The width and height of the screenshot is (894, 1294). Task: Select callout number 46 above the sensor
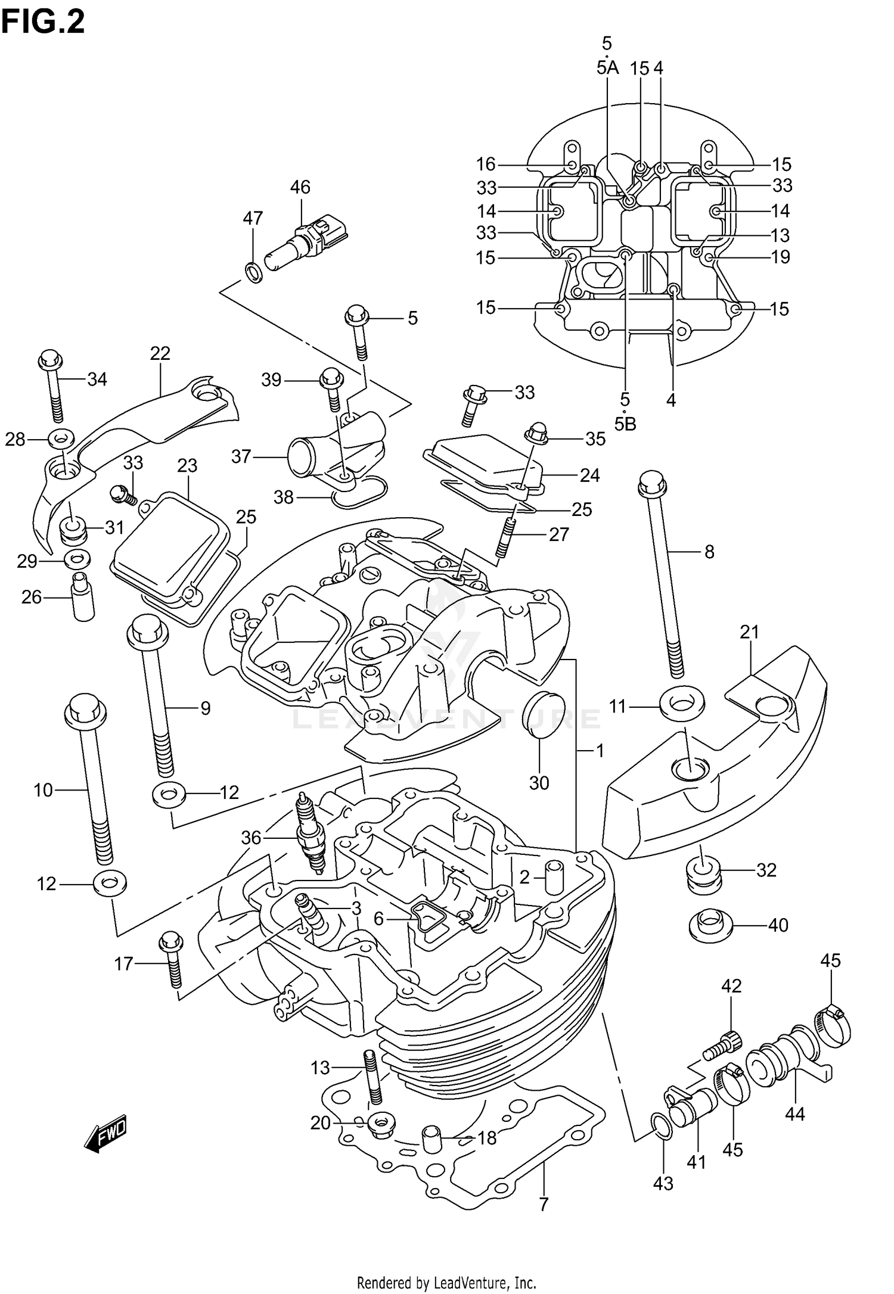point(300,187)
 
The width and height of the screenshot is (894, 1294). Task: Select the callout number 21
point(749,632)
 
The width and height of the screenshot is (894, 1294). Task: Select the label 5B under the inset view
point(625,424)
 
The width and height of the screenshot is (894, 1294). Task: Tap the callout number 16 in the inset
point(486,164)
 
